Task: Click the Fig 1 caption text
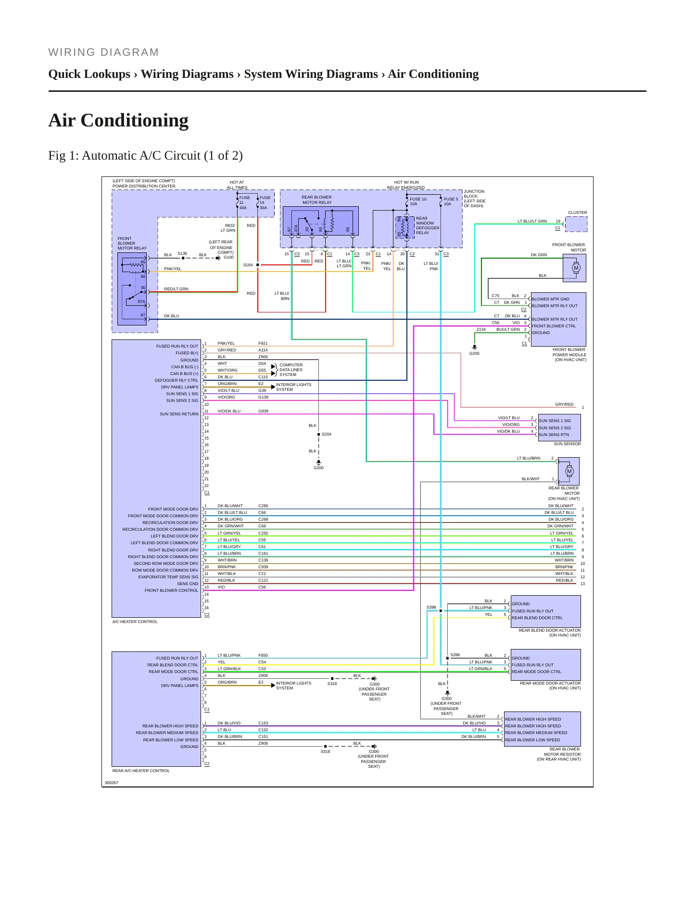145,156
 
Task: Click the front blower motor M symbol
576,268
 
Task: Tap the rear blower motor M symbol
569,471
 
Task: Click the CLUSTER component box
576,224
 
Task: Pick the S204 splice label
327,434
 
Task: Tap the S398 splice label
431,607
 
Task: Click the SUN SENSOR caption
567,444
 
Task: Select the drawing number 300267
112,783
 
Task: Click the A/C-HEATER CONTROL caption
135,622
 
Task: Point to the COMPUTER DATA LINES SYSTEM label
291,370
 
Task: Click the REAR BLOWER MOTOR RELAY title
316,200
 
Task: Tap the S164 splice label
248,265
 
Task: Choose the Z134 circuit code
481,329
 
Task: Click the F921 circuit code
263,344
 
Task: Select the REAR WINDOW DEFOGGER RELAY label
428,225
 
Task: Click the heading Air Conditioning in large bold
118,120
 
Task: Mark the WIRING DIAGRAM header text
103,52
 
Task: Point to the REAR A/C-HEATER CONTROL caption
141,771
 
